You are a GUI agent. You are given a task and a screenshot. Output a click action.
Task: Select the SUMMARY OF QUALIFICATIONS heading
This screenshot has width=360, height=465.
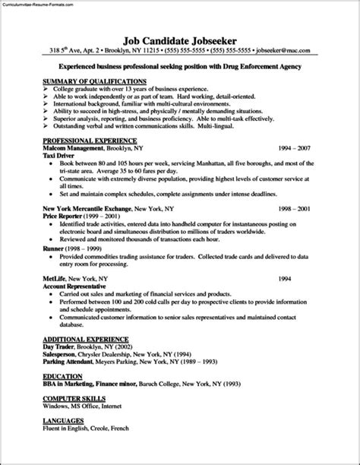(95, 81)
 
